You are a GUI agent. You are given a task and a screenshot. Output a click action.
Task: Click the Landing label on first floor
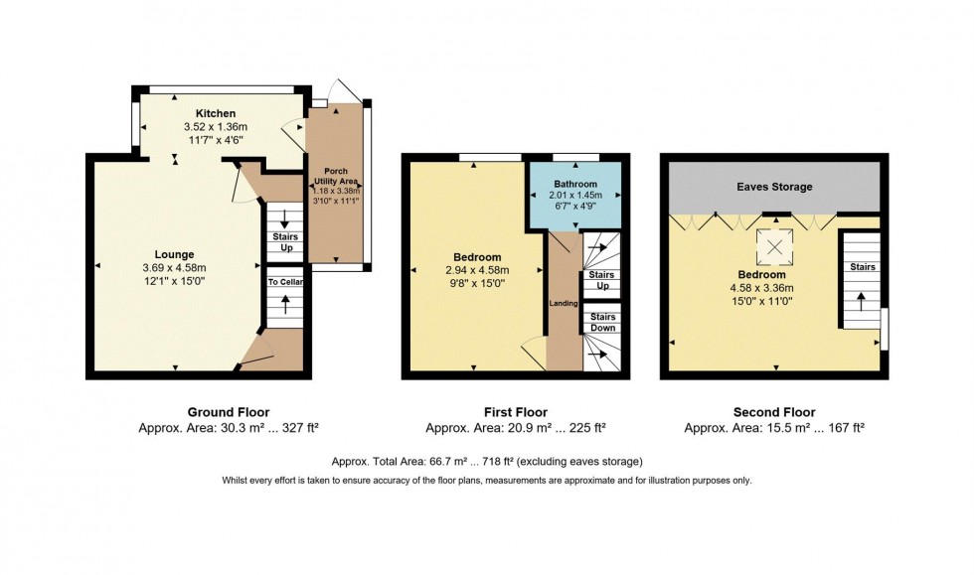tap(564, 302)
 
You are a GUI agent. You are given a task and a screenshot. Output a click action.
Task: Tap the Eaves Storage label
tap(774, 187)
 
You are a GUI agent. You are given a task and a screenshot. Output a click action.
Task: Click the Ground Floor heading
tap(228, 412)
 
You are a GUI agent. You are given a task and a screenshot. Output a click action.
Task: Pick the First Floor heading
tap(515, 412)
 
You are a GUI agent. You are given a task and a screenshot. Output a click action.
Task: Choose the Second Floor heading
tap(773, 412)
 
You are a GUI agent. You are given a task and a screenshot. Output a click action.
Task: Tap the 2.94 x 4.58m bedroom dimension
tap(474, 270)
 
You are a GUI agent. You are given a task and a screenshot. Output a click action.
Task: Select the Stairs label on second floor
tap(861, 267)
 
